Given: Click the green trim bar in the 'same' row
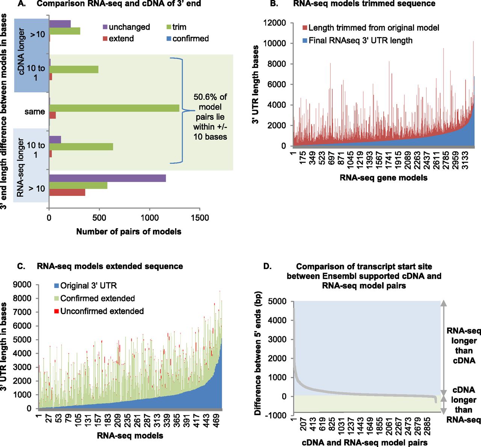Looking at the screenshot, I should click(x=114, y=108).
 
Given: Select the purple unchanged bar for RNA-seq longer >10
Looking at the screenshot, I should click(x=107, y=178).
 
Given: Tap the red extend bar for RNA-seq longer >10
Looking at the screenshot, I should click(x=67, y=193).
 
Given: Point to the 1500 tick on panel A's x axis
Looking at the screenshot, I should click(x=200, y=218).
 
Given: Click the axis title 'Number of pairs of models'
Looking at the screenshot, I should click(x=129, y=232).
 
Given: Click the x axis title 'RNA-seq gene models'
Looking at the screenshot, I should click(x=383, y=178).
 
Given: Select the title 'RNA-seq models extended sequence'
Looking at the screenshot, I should click(x=110, y=266).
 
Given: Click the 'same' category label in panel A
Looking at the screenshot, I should click(x=35, y=111).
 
